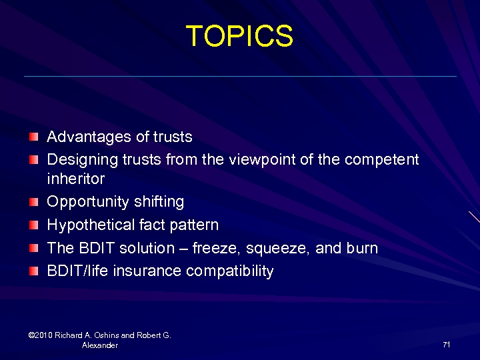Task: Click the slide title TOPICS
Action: click(x=239, y=36)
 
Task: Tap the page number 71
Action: click(x=446, y=344)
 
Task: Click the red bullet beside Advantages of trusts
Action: click(x=34, y=137)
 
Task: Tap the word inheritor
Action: click(x=75, y=179)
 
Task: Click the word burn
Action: click(x=361, y=248)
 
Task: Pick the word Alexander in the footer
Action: click(x=100, y=345)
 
